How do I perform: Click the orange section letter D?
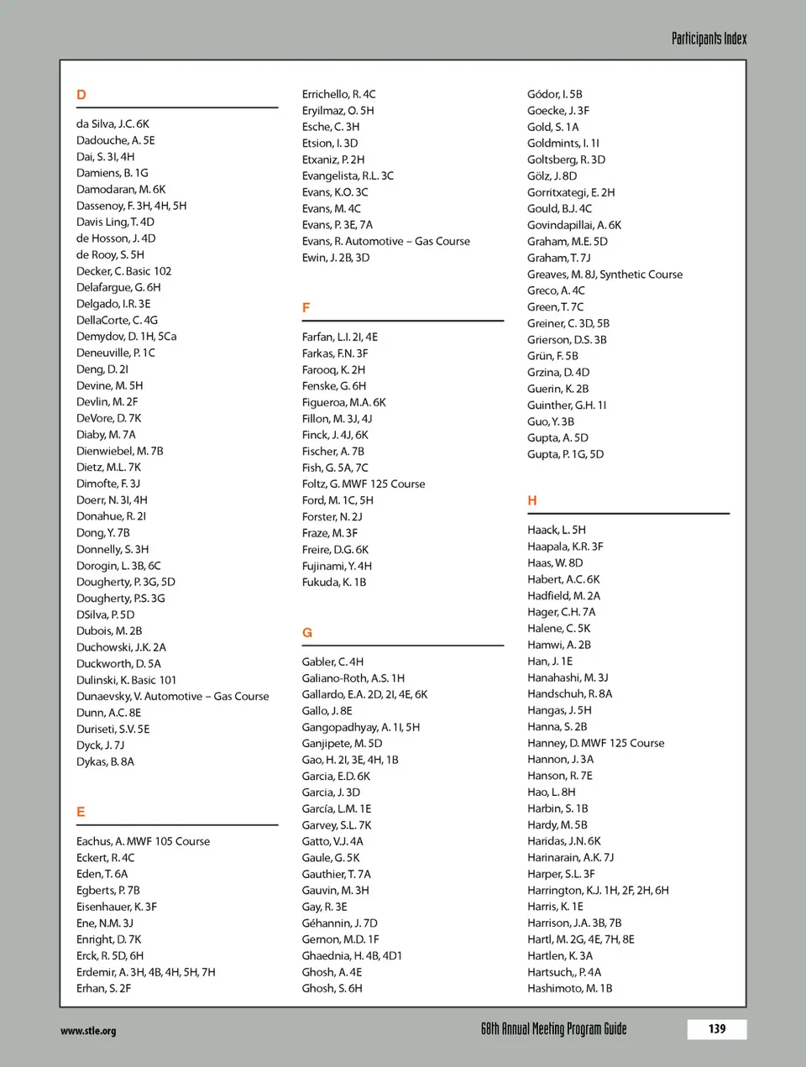81,95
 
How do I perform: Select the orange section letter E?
81,812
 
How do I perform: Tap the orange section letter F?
306,308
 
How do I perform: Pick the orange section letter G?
307,633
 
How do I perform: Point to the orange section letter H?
532,500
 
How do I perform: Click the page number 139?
716,1029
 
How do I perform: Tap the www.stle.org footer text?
88,1031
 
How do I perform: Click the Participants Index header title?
709,39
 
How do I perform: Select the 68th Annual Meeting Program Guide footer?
553,1029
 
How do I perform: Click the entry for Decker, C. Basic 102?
123,271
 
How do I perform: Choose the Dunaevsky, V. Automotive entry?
172,696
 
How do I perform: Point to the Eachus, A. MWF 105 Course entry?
143,841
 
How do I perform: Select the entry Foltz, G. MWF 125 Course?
363,484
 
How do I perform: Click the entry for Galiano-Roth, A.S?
353,677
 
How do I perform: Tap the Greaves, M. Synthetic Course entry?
604,274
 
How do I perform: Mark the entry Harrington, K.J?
598,890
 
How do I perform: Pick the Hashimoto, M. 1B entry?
569,988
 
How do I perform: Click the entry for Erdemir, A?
145,972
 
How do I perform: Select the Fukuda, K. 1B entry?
333,582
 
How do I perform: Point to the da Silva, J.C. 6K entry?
113,123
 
